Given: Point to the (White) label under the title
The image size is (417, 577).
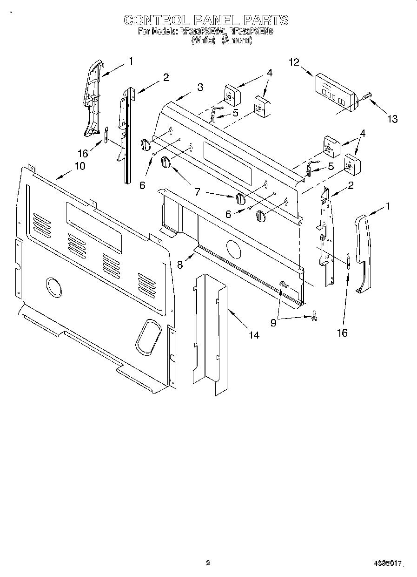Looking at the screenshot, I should point(203,41).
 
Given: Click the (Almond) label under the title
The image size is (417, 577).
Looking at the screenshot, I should point(237,41).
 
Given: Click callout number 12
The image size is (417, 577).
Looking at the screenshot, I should point(294,62).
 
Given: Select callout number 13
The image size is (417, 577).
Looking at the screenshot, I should point(392,119).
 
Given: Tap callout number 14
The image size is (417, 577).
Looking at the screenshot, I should point(253,335).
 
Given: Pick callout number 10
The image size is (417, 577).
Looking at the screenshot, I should point(79,166).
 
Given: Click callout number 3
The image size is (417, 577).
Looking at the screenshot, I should point(199,87).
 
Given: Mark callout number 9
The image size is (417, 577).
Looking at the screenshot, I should point(273,322).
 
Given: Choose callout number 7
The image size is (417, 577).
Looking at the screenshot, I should point(197,191).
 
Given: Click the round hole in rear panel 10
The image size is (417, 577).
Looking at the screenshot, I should point(54,287).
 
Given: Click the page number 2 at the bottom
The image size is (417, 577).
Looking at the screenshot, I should point(208,563).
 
